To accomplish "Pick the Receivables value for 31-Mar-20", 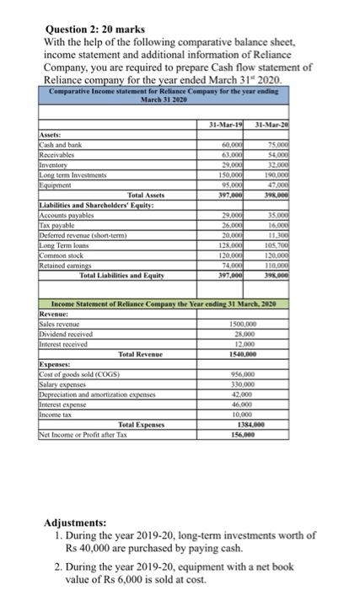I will coord(272,153).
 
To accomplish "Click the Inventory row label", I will coord(56,163).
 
